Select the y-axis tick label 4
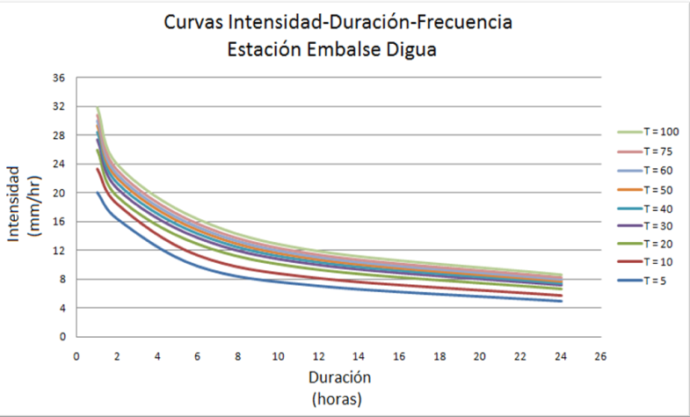click(62, 308)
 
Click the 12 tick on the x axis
click(318, 357)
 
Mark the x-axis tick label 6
click(198, 357)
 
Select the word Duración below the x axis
click(339, 377)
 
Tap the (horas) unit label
click(339, 398)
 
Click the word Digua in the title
click(412, 50)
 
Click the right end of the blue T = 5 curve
click(561, 301)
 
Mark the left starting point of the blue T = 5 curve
click(97, 192)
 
